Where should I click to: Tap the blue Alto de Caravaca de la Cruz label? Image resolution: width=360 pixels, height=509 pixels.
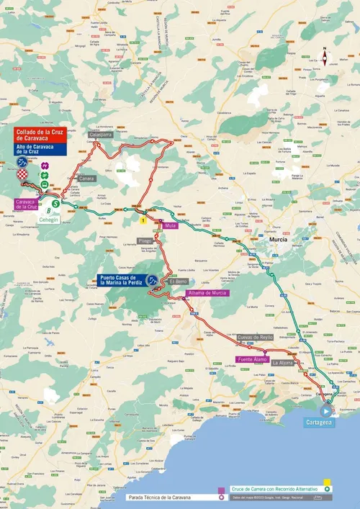[x=36, y=150]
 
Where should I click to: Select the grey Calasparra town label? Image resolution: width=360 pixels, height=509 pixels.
[x=100, y=135]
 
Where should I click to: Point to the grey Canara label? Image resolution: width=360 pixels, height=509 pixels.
[x=86, y=179]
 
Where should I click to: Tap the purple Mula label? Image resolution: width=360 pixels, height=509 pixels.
[x=171, y=226]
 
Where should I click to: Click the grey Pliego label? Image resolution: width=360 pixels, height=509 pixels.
[x=145, y=242]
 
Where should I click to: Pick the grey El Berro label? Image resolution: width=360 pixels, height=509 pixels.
[x=178, y=282]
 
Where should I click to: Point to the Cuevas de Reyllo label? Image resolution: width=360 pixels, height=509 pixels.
[x=255, y=337]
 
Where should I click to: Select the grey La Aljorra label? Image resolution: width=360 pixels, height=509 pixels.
[x=282, y=364]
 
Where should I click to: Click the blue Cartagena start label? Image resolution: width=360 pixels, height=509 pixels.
[x=319, y=423]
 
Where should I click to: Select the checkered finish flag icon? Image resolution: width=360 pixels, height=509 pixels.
[x=24, y=174]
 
